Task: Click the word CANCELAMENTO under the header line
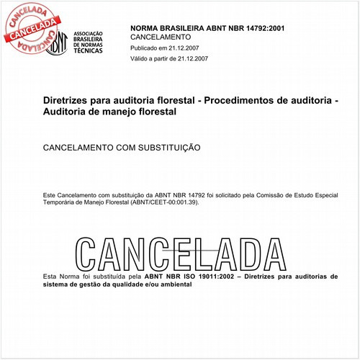tap(161, 37)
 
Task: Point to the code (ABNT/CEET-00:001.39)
tap(164, 202)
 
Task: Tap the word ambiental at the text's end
tap(172, 284)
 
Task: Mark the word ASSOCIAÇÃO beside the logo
tap(90, 34)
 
